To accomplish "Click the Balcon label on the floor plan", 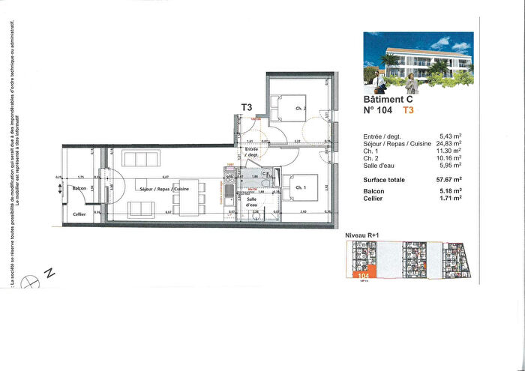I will coord(81,189).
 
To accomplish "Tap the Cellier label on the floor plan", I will coord(79,215).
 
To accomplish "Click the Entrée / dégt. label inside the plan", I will coord(252,153).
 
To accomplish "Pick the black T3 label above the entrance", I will coord(246,107).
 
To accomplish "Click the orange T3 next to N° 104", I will coord(408,110).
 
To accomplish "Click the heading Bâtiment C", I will coord(388,99).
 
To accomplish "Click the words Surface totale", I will coord(384,181).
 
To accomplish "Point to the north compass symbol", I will coord(30,281).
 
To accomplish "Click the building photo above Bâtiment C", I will coord(418,59).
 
